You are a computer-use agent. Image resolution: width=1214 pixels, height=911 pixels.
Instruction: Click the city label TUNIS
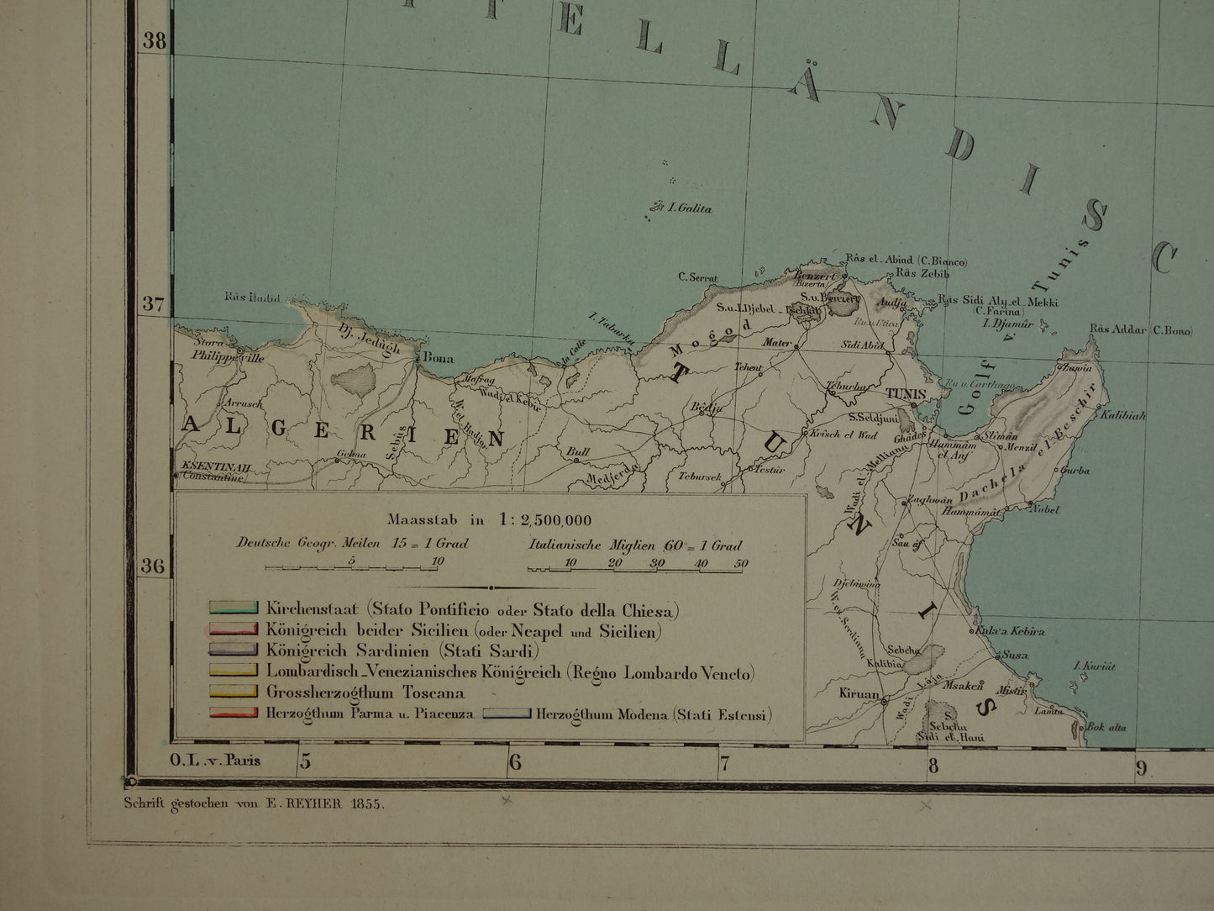(903, 393)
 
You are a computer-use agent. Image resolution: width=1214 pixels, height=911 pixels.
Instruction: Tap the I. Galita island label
(688, 208)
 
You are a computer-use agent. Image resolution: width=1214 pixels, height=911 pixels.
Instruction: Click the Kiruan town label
(859, 695)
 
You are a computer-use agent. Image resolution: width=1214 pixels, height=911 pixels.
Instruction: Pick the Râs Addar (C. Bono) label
(1140, 330)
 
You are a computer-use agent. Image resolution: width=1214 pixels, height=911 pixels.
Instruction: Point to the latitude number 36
(152, 565)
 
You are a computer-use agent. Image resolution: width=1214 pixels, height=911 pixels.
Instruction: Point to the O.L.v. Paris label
(214, 761)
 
